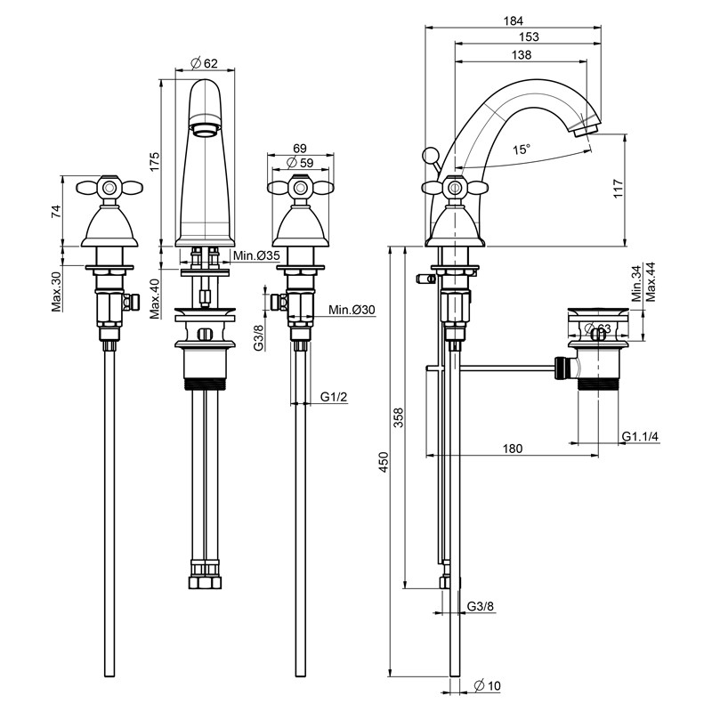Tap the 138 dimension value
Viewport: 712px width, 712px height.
tap(522, 54)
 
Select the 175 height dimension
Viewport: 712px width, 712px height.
tap(154, 162)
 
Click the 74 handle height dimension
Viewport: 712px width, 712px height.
tap(56, 211)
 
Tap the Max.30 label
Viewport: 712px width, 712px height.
tap(56, 291)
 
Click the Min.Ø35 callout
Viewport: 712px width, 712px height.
tap(256, 256)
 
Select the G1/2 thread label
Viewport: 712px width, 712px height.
tap(334, 397)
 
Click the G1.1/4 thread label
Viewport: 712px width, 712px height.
tap(640, 436)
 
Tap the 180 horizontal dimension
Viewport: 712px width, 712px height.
tap(512, 449)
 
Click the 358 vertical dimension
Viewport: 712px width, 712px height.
tap(399, 417)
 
